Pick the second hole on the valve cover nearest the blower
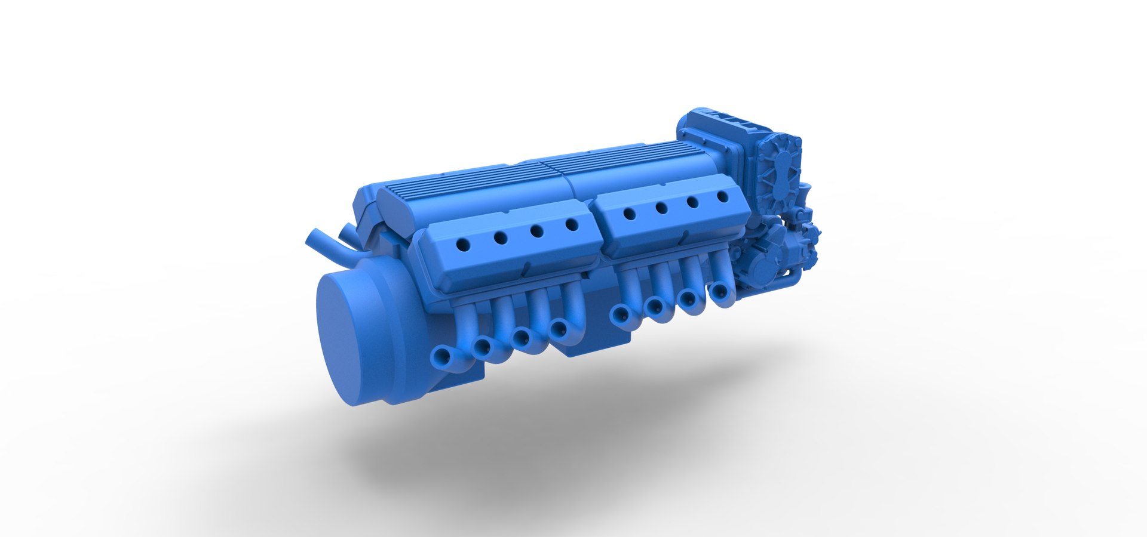[x=693, y=202]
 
